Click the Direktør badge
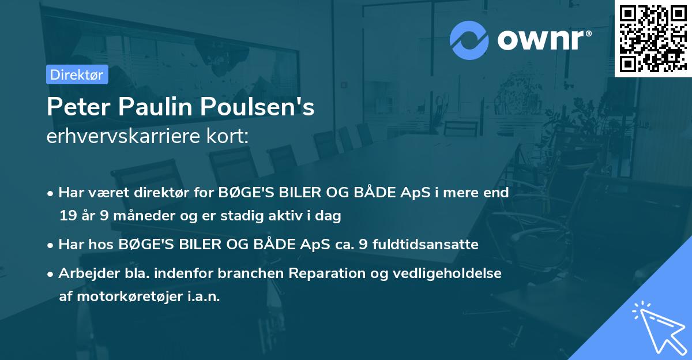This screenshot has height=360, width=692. (77, 74)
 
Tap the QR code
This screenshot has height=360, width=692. (653, 39)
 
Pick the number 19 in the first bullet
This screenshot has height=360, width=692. (67, 216)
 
